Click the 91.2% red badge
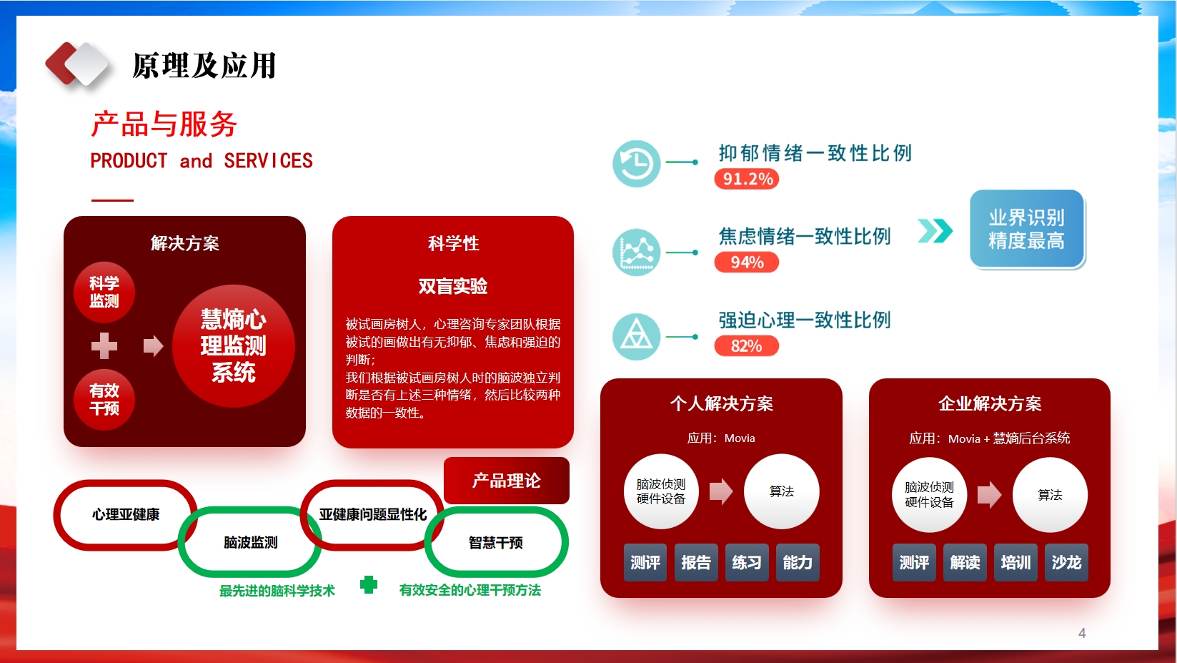pos(746,179)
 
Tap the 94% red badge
pos(746,262)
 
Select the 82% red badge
pos(746,346)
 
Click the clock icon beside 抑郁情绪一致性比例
pos(636,163)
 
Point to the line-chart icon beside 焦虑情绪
pos(636,252)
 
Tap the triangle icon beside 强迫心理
pos(636,336)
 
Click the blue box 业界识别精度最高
pos(1027,230)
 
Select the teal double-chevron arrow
pos(935,231)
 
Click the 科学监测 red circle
pos(104,293)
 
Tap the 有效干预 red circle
pos(104,400)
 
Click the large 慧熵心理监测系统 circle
pos(233,346)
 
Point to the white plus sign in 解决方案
pos(104,345)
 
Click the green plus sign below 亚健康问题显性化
pos(369,584)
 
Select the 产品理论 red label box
pos(507,481)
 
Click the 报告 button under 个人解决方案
pos(695,563)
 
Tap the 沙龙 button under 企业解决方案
pos(1066,563)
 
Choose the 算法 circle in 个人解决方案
pos(781,491)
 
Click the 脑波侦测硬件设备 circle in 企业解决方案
pos(929,495)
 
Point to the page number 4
pos(1082,633)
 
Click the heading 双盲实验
pos(453,287)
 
